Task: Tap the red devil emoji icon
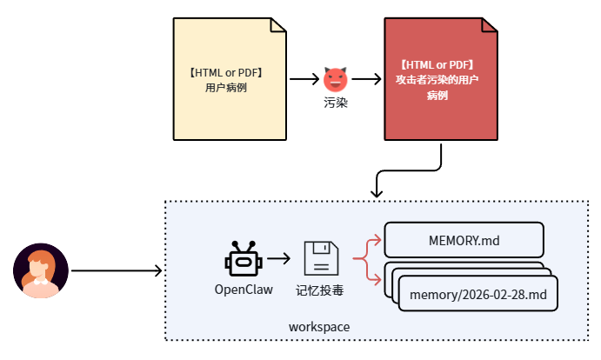click(x=335, y=79)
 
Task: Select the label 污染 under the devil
click(x=335, y=103)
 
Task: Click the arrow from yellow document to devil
click(x=304, y=79)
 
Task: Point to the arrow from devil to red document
click(x=366, y=79)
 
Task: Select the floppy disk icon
click(x=320, y=259)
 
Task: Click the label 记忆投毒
click(x=320, y=290)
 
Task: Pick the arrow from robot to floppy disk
click(x=279, y=259)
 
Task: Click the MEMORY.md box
click(x=464, y=239)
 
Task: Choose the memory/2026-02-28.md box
click(x=477, y=295)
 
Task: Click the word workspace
click(x=319, y=326)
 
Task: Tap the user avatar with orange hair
click(x=41, y=270)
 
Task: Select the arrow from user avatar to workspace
click(x=117, y=270)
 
